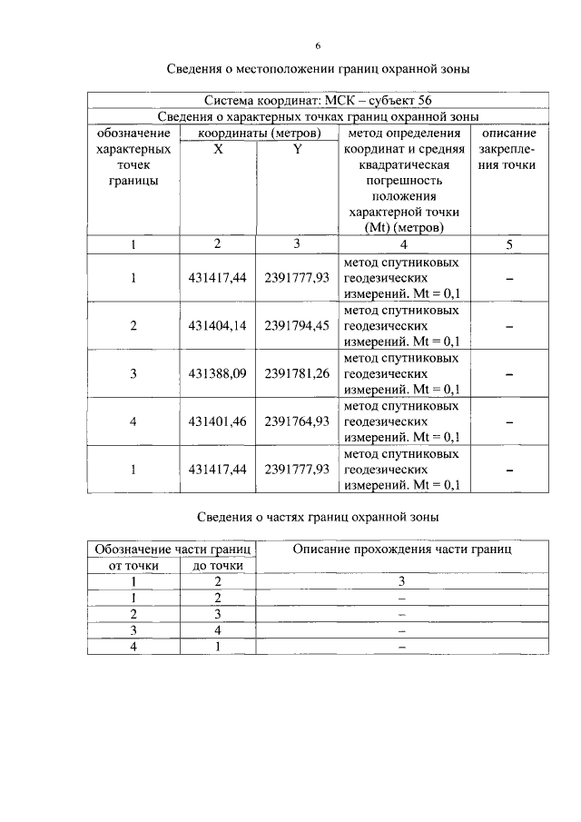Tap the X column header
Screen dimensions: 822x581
tap(218, 149)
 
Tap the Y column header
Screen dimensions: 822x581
tap(297, 149)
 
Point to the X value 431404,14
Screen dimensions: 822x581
tap(216, 326)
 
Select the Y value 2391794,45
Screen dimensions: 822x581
tap(296, 326)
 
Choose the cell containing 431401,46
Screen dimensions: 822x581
tap(216, 421)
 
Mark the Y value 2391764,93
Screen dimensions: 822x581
tap(296, 421)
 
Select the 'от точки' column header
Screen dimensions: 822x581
tap(133, 565)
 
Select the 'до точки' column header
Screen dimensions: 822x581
tap(218, 565)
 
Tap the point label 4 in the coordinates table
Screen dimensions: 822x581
tap(133, 421)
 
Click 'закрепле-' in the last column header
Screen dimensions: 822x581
tap(508, 149)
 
